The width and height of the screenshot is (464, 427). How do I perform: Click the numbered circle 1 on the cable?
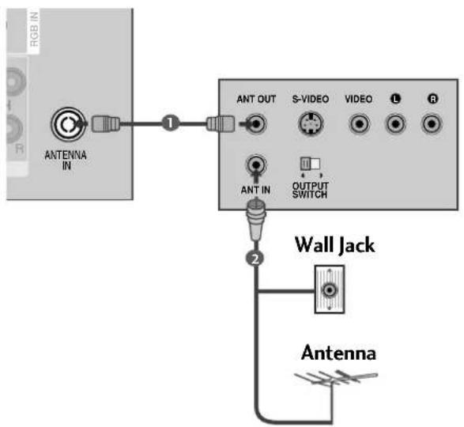[170, 123]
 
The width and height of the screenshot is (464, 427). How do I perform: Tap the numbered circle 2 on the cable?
[255, 259]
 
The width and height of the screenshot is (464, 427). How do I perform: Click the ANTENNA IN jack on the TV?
[68, 124]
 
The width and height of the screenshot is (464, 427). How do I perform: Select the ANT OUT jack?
[256, 124]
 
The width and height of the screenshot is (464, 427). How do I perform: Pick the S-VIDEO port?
[311, 124]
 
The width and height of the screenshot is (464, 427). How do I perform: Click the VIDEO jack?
[359, 124]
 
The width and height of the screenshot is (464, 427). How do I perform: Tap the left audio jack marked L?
[395, 124]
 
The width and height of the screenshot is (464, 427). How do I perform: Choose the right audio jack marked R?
[432, 124]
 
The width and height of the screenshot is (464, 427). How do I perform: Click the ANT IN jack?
[256, 164]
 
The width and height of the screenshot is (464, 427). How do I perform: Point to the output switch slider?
[310, 164]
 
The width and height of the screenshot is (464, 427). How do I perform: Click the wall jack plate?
[330, 289]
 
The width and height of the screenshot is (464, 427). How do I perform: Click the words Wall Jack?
[335, 245]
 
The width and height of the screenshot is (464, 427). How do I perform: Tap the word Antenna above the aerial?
[338, 353]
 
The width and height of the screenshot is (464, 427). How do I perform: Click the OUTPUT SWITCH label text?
[310, 190]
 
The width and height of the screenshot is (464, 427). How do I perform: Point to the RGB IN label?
[34, 29]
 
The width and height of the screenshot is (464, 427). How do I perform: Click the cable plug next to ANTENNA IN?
[106, 124]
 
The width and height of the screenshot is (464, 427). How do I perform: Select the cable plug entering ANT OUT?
[221, 124]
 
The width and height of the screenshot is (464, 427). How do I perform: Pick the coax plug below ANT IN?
[256, 220]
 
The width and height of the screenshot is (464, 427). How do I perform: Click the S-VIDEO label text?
[311, 99]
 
